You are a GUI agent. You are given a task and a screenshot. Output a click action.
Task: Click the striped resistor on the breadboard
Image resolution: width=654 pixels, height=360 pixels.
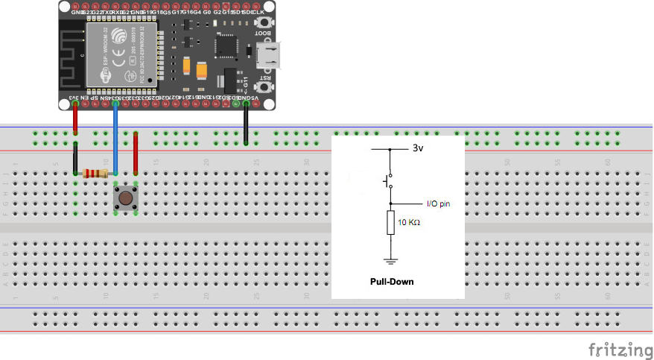[95, 174]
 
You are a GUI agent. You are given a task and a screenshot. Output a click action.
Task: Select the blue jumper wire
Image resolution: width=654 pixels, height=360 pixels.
[115, 138]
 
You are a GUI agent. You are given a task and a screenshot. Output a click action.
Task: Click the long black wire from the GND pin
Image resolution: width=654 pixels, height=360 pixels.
[246, 123]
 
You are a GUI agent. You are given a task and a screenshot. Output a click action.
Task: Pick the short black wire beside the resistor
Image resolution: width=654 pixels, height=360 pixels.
[76, 158]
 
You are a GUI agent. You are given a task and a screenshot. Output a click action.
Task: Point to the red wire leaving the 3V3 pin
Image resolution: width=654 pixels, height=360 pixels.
[75, 118]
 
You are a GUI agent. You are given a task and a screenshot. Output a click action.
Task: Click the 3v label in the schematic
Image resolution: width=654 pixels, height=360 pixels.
[419, 148]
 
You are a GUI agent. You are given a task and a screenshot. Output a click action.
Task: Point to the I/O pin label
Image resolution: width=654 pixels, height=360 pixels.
[438, 203]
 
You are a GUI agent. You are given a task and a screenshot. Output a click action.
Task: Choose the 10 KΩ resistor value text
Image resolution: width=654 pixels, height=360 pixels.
[408, 223]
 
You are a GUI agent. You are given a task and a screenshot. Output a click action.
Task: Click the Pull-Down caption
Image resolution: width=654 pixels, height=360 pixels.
[391, 282]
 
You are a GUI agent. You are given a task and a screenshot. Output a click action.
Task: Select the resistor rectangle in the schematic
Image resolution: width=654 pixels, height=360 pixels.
[389, 222]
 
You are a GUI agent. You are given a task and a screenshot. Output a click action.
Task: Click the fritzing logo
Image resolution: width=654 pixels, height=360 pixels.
[616, 349]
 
